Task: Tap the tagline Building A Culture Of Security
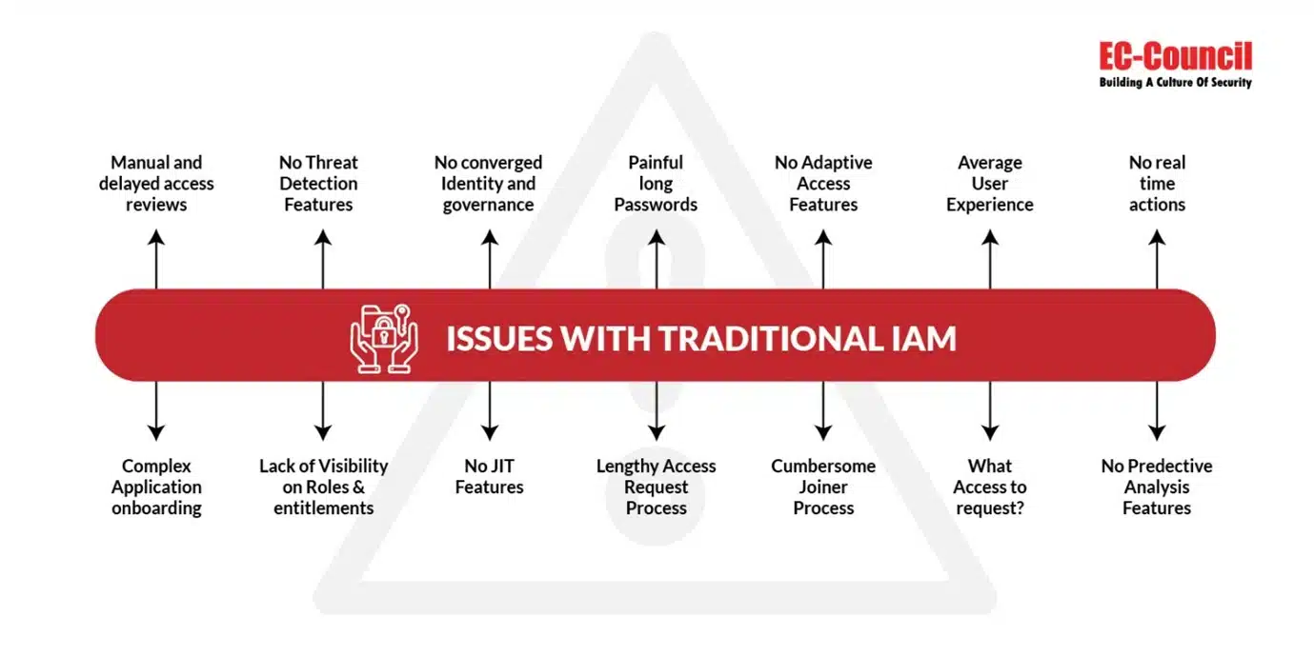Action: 1175,83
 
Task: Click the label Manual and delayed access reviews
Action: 156,184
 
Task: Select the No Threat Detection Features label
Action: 318,184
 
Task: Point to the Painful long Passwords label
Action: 656,184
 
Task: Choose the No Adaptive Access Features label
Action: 823,184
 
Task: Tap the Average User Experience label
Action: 990,184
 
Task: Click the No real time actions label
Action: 1157,184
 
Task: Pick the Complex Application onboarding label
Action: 156,487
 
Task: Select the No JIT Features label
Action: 489,476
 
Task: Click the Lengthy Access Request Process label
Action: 656,487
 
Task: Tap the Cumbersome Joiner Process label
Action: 823,487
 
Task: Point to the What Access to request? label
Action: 990,487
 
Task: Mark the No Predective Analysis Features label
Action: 1157,487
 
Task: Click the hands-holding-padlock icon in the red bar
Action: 383,337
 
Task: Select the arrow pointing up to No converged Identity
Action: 489,259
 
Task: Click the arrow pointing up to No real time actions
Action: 1157,259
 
